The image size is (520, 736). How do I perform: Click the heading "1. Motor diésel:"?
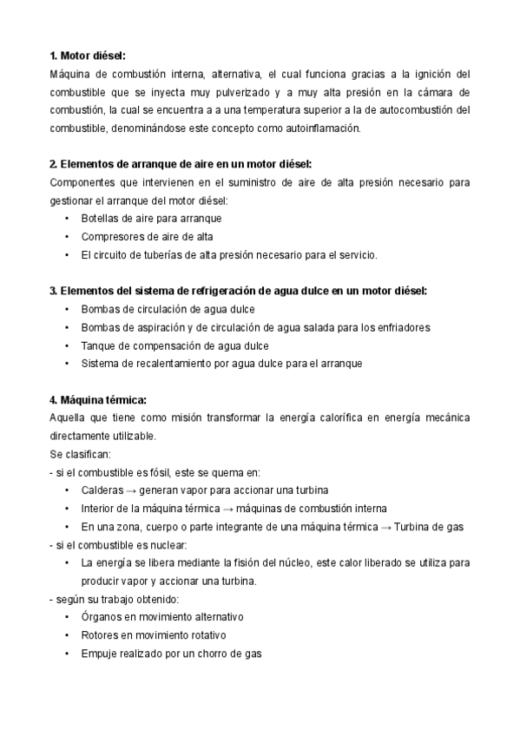click(x=88, y=55)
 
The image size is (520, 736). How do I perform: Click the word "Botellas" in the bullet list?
click(x=101, y=218)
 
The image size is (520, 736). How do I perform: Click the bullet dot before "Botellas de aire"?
click(x=68, y=218)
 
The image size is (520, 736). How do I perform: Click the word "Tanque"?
click(x=98, y=345)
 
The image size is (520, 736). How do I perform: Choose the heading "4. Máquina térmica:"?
click(x=97, y=400)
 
